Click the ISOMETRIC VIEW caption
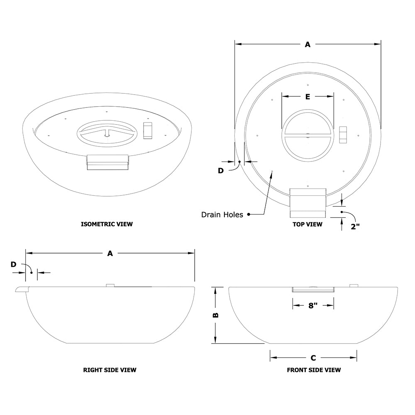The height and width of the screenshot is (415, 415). tap(107, 224)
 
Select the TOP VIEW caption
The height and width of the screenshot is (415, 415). tap(307, 224)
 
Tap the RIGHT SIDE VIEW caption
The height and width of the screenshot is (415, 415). tap(110, 370)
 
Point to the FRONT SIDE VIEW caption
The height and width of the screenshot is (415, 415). tap(314, 370)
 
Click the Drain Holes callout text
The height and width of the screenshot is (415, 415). tap(222, 215)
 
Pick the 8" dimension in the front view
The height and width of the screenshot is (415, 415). tap(313, 306)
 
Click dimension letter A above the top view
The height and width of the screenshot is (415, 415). tap(308, 44)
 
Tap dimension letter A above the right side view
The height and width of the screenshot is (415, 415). tap(110, 253)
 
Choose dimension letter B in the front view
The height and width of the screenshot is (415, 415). tap(215, 315)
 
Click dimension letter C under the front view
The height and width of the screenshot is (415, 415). tap(313, 358)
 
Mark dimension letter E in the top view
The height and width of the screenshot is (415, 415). tap(308, 97)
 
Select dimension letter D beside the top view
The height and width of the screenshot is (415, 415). tap(221, 171)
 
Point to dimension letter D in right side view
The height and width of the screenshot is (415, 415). tap(13, 264)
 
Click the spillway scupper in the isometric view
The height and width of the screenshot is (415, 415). tap(107, 162)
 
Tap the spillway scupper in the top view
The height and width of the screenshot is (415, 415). tap(308, 203)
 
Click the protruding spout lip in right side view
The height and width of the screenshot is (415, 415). tap(21, 289)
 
